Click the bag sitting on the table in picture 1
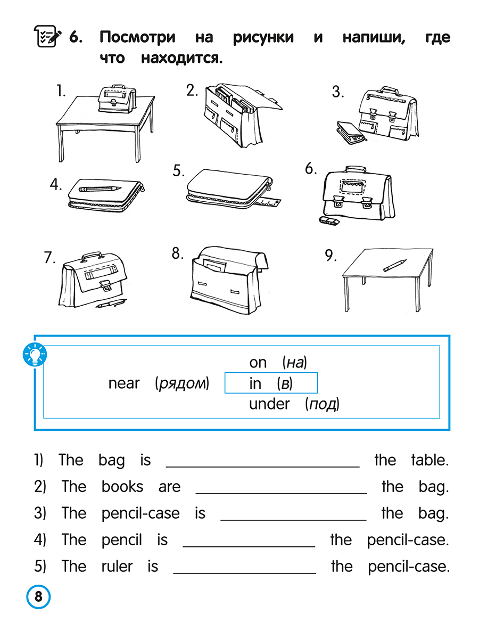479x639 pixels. click(x=117, y=99)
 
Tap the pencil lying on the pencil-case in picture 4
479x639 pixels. click(x=100, y=189)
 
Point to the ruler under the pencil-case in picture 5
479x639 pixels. click(x=268, y=201)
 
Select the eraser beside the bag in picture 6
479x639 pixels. click(x=329, y=221)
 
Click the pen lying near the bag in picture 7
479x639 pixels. click(x=111, y=303)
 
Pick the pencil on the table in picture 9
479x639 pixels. click(x=395, y=265)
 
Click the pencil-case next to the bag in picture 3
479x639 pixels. click(x=351, y=132)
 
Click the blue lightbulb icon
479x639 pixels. click(x=35, y=354)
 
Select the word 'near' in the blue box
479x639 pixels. click(x=124, y=383)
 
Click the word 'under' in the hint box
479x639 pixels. click(x=269, y=404)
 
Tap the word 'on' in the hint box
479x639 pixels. click(x=258, y=363)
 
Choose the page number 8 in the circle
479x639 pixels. click(x=38, y=596)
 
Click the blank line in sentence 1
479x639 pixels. click(x=262, y=467)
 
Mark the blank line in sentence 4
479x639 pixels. click(x=249, y=547)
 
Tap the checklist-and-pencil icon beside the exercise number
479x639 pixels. click(x=47, y=36)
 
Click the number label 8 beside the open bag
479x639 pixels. click(x=177, y=253)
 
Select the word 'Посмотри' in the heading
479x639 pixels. click(x=137, y=38)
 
